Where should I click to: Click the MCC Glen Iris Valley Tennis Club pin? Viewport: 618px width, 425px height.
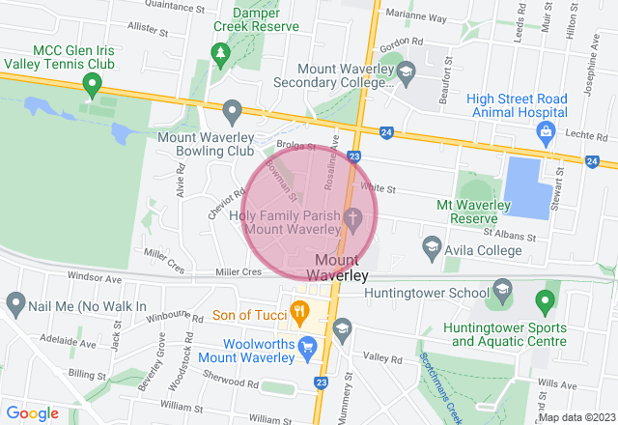pyautogui.click(x=92, y=86)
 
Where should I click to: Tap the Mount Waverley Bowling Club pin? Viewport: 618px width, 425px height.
pyautogui.click(x=232, y=111)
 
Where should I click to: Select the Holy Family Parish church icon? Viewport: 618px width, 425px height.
pyautogui.click(x=353, y=220)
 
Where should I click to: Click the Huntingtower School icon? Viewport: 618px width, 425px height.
pyautogui.click(x=502, y=289)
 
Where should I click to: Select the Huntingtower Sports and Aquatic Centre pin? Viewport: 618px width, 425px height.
pyautogui.click(x=543, y=303)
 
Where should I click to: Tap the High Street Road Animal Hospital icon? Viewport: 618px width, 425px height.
pyautogui.click(x=546, y=129)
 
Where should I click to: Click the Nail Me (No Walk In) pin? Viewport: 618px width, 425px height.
pyautogui.click(x=14, y=305)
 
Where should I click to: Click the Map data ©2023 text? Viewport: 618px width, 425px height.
pyautogui.click(x=576, y=417)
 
